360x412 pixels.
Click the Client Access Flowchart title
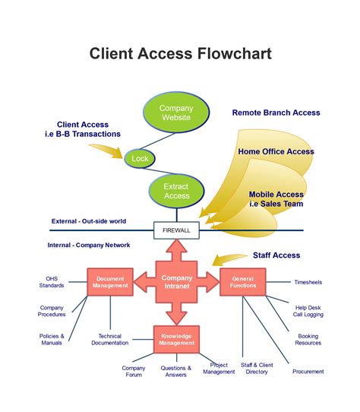coord(180,53)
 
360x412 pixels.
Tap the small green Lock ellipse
coord(140,159)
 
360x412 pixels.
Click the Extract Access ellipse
coord(176,191)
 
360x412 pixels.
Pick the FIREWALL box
coord(177,230)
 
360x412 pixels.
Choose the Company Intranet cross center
coord(177,282)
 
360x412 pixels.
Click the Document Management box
coord(111,282)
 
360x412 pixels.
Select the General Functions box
coord(242,282)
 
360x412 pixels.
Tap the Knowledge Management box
coord(177,339)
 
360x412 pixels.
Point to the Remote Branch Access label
coord(276,113)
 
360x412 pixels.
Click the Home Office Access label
coord(276,151)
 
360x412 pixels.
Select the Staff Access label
coord(276,255)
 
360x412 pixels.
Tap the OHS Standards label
coord(52,282)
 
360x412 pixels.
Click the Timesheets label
coord(308,282)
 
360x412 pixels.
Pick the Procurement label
coord(308,372)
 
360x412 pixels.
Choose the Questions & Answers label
coord(175,372)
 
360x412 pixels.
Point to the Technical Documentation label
coord(110,340)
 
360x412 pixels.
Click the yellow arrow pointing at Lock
coord(109,152)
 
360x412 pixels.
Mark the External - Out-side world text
coord(89,221)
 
